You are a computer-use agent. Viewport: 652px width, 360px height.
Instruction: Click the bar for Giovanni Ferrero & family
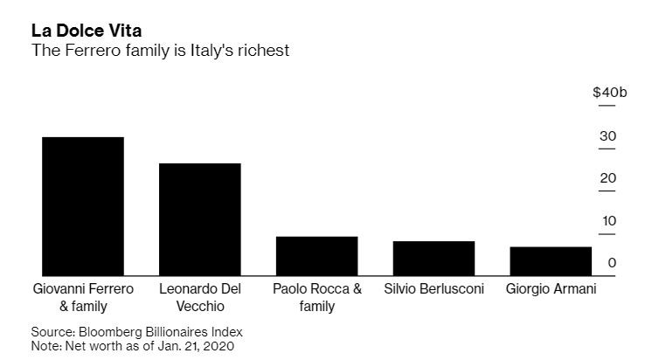[x=83, y=206]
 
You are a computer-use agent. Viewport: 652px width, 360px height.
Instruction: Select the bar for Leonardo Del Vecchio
[x=199, y=219]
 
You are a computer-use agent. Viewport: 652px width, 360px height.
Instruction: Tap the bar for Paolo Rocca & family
[x=316, y=256]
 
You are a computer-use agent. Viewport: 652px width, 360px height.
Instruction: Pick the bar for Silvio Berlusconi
[x=434, y=258]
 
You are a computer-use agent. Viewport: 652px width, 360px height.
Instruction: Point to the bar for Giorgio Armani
[x=551, y=261]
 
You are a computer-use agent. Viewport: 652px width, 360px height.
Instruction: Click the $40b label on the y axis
[x=609, y=93]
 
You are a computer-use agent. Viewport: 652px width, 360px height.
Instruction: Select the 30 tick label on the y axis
[x=607, y=136]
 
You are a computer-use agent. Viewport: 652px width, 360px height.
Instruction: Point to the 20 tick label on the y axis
[x=607, y=178]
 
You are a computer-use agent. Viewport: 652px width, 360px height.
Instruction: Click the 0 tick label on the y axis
[x=612, y=262]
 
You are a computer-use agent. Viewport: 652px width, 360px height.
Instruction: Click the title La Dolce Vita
[x=87, y=31]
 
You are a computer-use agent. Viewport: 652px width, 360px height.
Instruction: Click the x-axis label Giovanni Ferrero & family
[x=83, y=297]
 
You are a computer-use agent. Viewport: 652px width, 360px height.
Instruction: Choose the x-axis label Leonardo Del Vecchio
[x=199, y=297]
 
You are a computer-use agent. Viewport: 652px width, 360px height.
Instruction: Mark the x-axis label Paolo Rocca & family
[x=316, y=297]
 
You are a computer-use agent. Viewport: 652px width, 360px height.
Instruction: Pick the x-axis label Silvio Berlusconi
[x=434, y=288]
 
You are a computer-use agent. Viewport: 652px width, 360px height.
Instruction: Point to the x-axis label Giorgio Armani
[x=551, y=288]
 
